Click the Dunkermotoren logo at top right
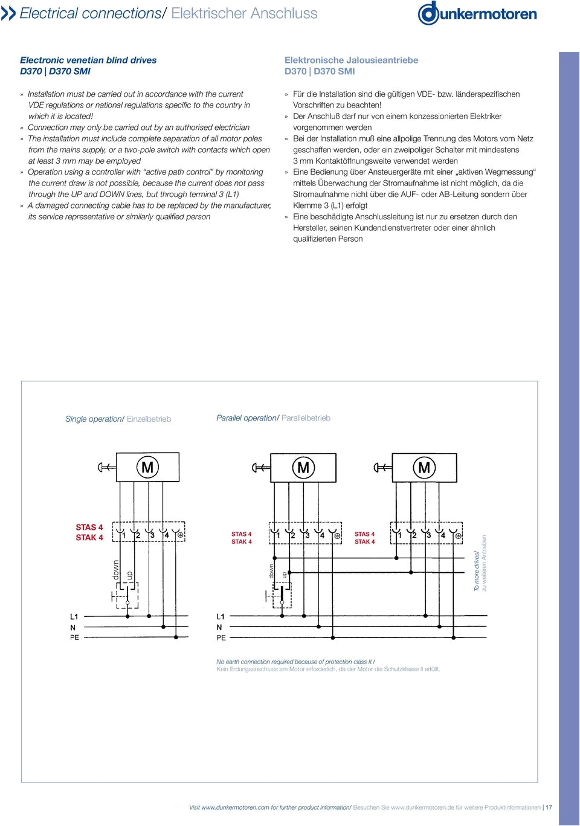click(477, 13)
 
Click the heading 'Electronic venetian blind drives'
click(88, 60)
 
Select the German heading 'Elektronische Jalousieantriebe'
click(351, 60)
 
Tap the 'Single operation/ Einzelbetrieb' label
click(118, 419)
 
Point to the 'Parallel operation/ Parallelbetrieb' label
click(273, 418)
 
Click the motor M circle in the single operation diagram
click(147, 467)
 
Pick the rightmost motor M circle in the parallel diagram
click(424, 467)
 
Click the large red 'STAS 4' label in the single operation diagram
click(89, 528)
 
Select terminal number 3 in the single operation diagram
click(152, 535)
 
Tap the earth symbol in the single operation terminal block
click(180, 535)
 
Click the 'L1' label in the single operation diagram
click(74, 617)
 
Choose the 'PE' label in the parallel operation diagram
click(221, 637)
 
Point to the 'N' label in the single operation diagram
click(73, 628)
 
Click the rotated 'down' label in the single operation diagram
click(116, 570)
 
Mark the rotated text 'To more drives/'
click(477, 571)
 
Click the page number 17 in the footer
click(549, 807)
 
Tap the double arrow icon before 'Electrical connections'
click(8, 13)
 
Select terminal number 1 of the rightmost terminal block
click(399, 535)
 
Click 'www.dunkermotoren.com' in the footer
click(235, 807)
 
